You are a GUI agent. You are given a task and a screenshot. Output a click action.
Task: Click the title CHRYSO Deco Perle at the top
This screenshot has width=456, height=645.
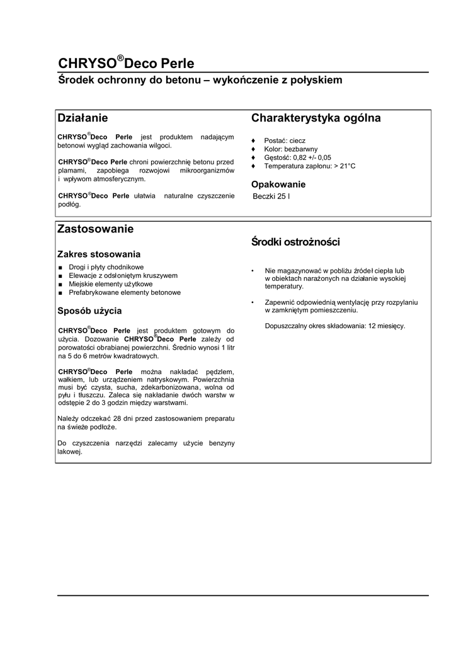coord(126,63)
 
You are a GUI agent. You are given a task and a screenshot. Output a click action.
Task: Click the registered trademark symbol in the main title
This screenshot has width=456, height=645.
coord(120,58)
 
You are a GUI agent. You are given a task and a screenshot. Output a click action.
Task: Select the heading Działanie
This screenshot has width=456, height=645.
coord(83,118)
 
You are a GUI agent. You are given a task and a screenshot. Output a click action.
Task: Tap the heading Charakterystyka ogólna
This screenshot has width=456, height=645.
coord(316,118)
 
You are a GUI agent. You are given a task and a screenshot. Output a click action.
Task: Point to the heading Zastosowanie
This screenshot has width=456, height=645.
coord(95,229)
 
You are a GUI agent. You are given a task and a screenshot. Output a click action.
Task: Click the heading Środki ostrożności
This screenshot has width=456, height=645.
coord(295,242)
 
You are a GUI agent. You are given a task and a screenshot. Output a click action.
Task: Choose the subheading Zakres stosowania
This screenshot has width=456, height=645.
coord(98,254)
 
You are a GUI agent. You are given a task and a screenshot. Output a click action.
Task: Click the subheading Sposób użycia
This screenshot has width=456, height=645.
coord(89,311)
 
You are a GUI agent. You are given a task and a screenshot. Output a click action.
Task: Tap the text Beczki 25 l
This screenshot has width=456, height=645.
coord(271,197)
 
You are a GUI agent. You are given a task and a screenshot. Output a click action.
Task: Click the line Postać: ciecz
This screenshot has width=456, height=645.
coord(285,140)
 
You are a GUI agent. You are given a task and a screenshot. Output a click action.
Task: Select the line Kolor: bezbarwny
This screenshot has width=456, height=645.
coord(291,149)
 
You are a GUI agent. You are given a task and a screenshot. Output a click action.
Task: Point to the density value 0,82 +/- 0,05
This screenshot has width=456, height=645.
coord(312,157)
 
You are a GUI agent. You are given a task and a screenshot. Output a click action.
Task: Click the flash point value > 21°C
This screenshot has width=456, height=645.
coord(344,166)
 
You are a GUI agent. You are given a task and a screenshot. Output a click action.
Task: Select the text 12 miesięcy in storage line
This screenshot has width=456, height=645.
coord(387,326)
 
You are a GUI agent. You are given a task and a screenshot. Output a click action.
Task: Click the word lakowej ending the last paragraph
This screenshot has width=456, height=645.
coord(69,452)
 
